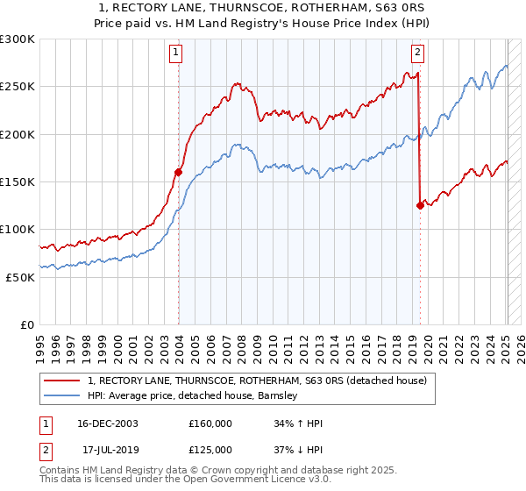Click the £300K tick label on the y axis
pyautogui.click(x=18, y=39)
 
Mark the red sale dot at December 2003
pyautogui.click(x=179, y=172)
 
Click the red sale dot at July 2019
pyautogui.click(x=420, y=205)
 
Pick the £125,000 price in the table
pyautogui.click(x=210, y=450)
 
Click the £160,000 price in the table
pyautogui.click(x=210, y=423)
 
